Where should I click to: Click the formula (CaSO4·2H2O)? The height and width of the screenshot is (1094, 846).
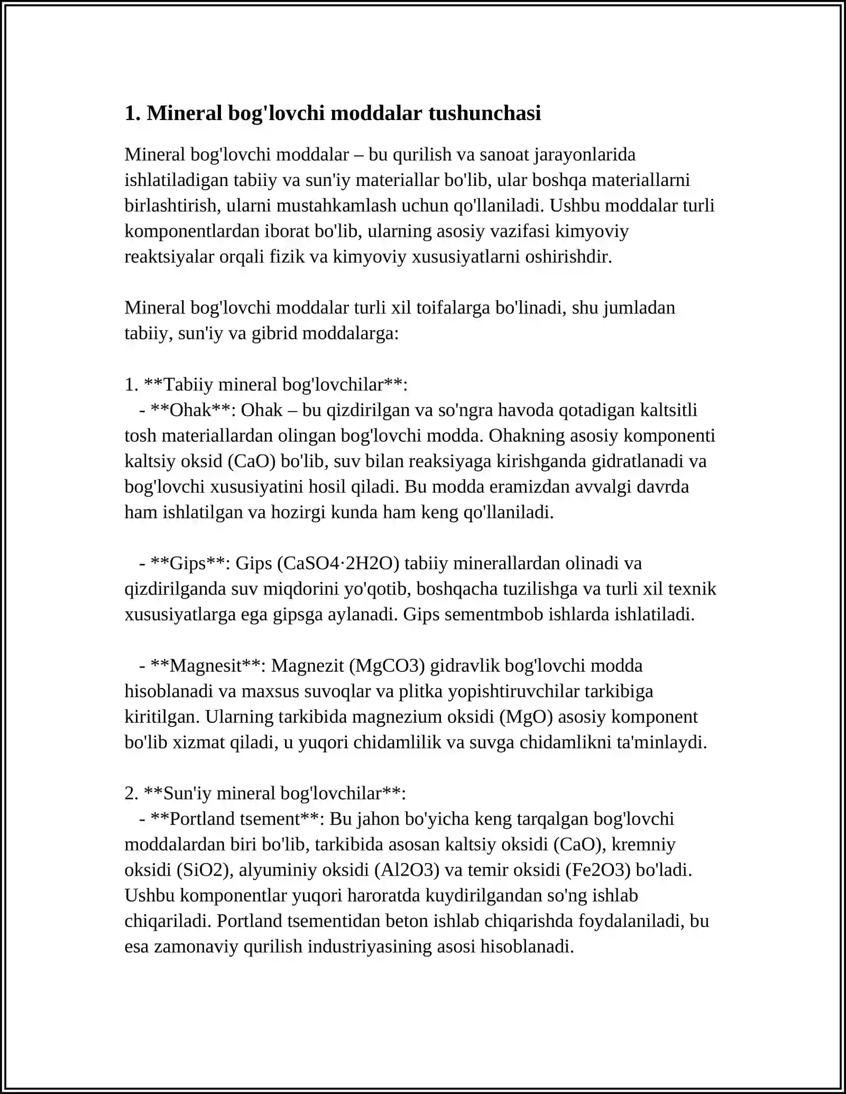[338, 563]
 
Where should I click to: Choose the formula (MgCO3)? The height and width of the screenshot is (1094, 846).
[387, 665]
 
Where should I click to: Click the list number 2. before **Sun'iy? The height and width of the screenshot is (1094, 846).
[131, 793]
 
